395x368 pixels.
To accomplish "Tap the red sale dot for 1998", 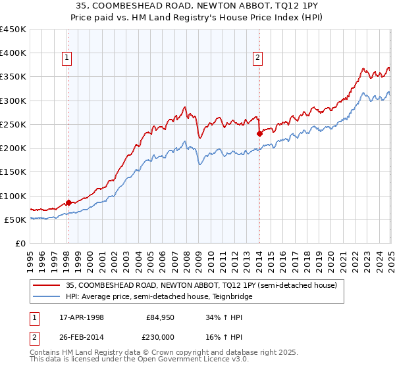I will (x=68, y=203).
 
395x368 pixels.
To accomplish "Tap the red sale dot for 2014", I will (x=259, y=133).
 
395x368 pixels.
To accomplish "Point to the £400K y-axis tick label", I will (x=13, y=53).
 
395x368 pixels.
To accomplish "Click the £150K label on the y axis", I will (x=13, y=172).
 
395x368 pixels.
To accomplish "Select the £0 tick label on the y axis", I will (x=21, y=244).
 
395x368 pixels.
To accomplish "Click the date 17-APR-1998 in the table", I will (x=82, y=317).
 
